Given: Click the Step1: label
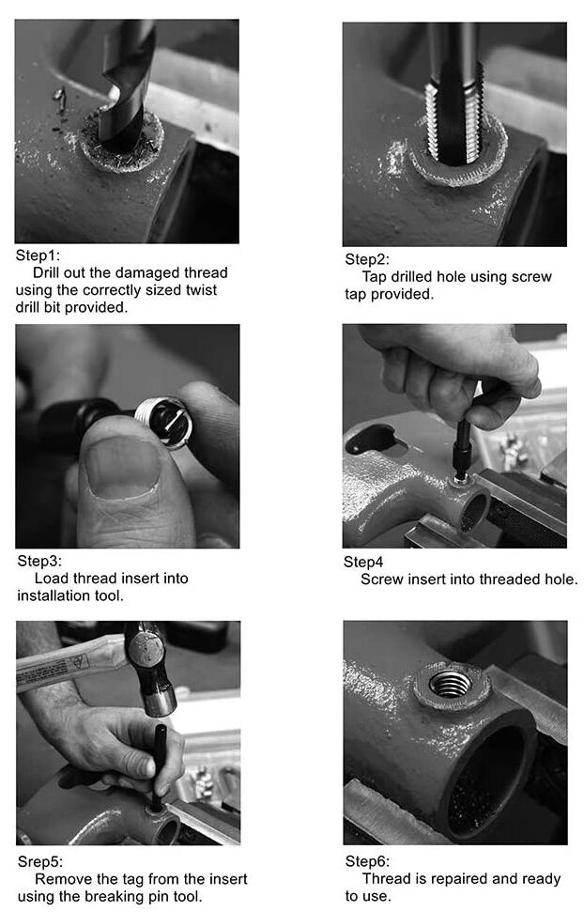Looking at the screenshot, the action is point(38,255).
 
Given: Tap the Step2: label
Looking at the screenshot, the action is point(367,259).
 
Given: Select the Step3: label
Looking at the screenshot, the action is point(39,562).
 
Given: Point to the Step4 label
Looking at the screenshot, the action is point(363,562).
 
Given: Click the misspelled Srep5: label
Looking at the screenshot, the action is point(40,861).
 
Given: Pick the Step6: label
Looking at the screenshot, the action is point(368,861).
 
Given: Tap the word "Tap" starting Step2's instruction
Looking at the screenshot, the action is point(375,277).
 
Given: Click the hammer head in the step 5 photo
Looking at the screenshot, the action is point(150,669).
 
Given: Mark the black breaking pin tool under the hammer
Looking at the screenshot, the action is point(159,766).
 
